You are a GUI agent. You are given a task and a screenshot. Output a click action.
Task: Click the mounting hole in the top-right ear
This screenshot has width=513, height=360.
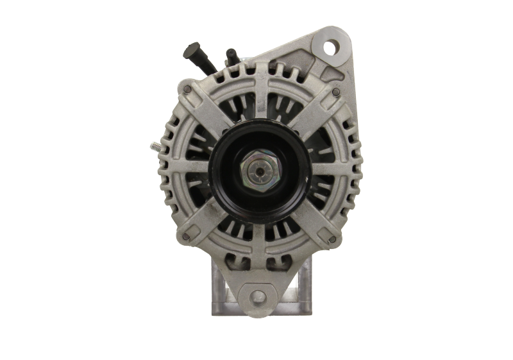332,47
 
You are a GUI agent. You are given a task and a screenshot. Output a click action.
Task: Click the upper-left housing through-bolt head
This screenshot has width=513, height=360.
187,89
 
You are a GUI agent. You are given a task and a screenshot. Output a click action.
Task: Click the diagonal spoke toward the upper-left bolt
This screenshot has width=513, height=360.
208,112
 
